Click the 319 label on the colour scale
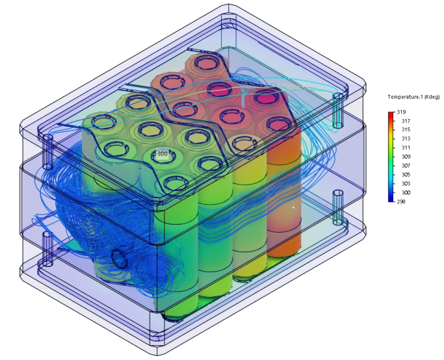point(401,112)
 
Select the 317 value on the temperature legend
point(406,121)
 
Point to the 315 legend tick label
point(406,130)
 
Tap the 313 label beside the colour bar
point(406,138)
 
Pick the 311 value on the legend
point(406,148)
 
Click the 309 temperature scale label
point(406,157)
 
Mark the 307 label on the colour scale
point(406,166)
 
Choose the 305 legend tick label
point(406,175)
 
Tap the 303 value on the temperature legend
point(406,184)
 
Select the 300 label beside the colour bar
point(406,192)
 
